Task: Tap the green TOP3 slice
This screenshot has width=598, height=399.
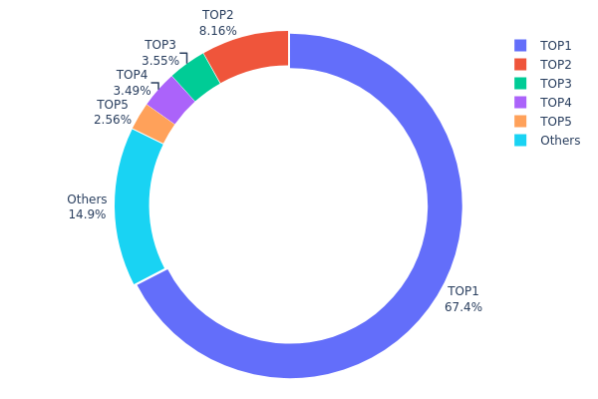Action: [196, 77]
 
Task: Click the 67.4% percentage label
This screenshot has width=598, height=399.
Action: [463, 307]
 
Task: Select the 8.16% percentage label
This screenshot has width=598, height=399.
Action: [218, 31]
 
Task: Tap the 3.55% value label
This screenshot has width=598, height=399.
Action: [160, 61]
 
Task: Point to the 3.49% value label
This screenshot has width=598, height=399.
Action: [132, 91]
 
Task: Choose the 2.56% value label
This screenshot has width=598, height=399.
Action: [113, 120]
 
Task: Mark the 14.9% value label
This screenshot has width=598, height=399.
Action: [87, 214]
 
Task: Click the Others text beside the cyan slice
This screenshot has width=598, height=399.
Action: [87, 199]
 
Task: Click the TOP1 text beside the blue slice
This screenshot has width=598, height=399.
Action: [463, 291]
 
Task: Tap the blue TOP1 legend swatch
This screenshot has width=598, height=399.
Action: [519, 45]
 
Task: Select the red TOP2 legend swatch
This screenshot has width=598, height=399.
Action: [519, 64]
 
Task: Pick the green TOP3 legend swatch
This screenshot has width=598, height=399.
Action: [519, 83]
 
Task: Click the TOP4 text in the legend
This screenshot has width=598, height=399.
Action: [556, 102]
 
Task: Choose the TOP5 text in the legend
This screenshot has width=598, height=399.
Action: [556, 121]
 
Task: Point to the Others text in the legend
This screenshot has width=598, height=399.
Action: [560, 140]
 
